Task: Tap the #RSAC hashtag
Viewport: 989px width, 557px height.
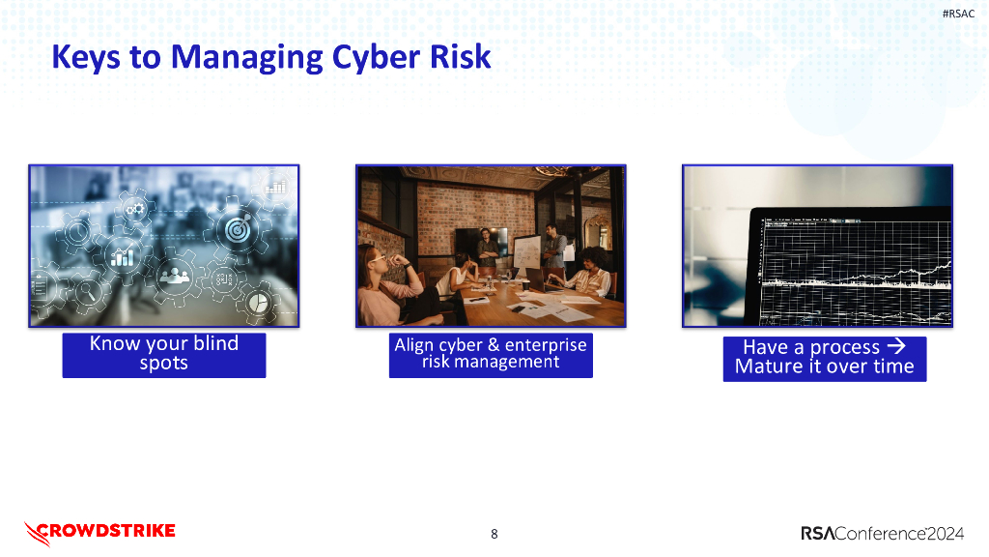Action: click(x=958, y=14)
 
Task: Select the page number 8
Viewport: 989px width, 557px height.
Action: click(x=494, y=534)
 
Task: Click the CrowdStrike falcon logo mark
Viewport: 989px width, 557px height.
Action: click(x=37, y=532)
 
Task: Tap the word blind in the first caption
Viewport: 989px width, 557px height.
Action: click(x=213, y=343)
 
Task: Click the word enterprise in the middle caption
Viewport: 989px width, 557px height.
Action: click(x=546, y=345)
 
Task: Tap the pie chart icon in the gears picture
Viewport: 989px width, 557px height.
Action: click(x=258, y=304)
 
